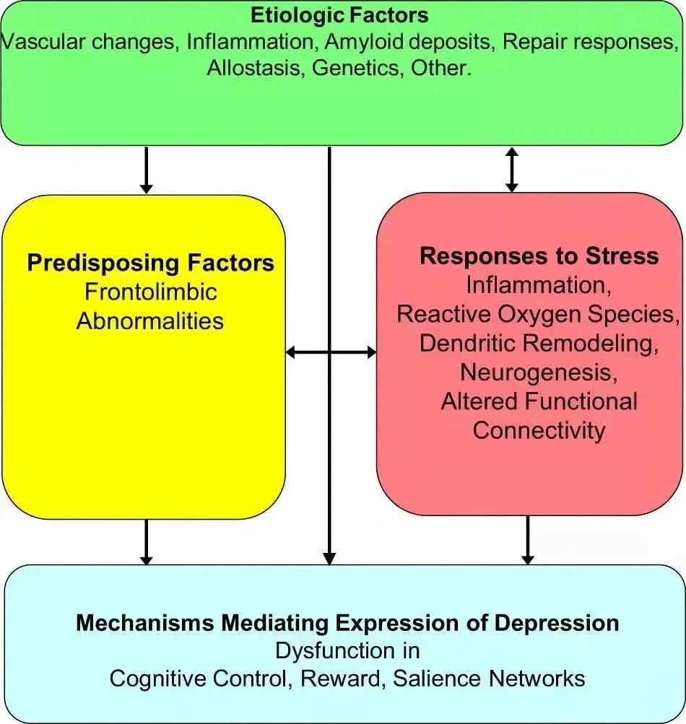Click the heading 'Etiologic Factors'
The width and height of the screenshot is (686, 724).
point(339,15)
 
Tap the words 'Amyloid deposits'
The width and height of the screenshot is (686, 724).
point(407,41)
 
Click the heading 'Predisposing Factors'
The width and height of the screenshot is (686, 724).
point(150,262)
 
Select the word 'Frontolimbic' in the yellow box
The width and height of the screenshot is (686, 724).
point(150,292)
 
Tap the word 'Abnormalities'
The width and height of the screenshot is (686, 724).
point(150,320)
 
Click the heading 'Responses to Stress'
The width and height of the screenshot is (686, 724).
point(539,256)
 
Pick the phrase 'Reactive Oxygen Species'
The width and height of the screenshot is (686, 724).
point(537,314)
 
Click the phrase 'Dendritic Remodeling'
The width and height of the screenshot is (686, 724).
point(539,343)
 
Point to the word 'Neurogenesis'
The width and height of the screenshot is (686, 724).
point(539,372)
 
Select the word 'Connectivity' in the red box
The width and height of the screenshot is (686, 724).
point(539,430)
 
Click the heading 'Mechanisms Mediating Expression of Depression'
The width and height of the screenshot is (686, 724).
point(347,623)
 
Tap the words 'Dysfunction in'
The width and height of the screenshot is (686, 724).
point(347,650)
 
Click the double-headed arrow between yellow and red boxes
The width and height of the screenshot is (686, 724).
point(331,352)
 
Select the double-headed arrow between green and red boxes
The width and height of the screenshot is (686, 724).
point(512,169)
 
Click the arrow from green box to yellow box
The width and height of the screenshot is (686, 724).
point(147,170)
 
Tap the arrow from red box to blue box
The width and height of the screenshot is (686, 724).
point(527,540)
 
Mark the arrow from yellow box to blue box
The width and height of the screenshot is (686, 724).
point(147,541)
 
